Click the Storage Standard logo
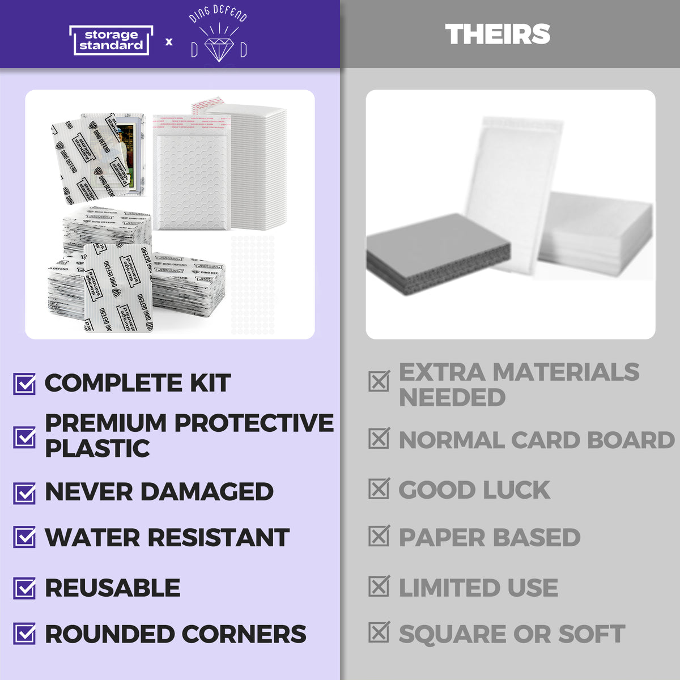111,40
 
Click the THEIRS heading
498,34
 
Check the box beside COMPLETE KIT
24,384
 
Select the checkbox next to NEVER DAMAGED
24,493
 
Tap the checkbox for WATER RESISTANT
24,537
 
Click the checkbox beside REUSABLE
24,588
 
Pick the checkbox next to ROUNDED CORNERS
24,634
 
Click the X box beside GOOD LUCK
379,489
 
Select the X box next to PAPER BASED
379,536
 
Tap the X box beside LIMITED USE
379,586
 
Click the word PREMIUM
106,423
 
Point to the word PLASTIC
97,449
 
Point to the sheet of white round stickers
253,283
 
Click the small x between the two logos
169,41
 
